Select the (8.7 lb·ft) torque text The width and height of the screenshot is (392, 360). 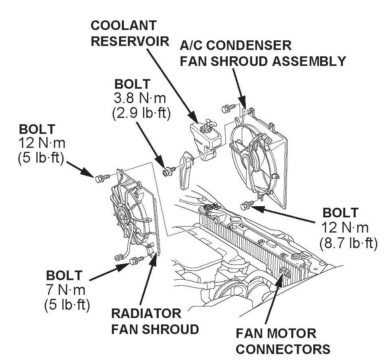[348, 243]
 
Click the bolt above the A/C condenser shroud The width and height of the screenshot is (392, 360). [227, 107]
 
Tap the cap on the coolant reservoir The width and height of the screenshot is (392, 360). [208, 128]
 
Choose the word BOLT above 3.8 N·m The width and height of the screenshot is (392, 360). [132, 85]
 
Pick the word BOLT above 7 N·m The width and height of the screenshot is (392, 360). [64, 276]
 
